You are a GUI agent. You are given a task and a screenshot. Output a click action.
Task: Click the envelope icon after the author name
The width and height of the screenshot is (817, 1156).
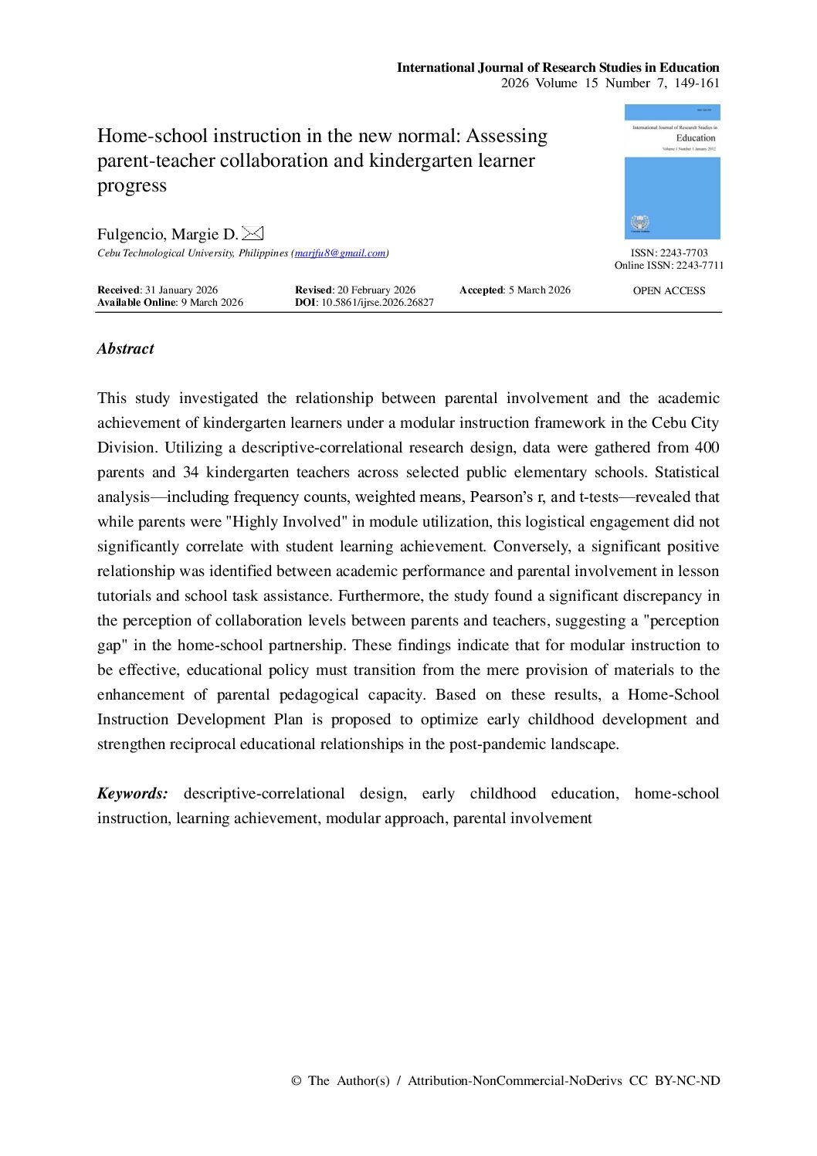tap(253, 233)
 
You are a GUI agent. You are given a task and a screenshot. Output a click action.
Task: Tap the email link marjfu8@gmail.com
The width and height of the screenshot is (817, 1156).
tap(340, 253)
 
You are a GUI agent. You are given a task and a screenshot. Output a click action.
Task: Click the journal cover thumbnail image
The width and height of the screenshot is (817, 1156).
tap(672, 171)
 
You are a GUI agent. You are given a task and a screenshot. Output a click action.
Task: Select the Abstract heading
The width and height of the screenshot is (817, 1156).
tap(126, 349)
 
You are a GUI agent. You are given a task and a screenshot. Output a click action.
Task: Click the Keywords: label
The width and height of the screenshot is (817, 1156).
tap(132, 794)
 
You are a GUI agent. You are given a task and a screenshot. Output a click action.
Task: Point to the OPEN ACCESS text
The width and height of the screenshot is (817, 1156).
tap(669, 291)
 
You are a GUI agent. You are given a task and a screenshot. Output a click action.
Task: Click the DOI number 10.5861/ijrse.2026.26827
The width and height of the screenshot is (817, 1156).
tap(377, 303)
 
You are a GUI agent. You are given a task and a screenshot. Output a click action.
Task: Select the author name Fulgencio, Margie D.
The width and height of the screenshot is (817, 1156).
tap(168, 235)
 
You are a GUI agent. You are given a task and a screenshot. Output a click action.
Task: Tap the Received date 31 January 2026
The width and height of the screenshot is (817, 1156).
tap(181, 290)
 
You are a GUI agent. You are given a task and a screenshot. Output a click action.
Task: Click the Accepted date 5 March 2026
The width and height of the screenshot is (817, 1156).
tap(539, 290)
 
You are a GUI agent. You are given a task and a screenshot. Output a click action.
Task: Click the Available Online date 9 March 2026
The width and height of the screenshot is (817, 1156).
tap(212, 303)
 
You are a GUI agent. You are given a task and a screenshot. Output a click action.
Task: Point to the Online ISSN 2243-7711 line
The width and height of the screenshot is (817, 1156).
tap(669, 266)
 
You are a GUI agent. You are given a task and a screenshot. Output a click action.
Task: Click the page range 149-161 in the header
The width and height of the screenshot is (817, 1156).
tap(697, 83)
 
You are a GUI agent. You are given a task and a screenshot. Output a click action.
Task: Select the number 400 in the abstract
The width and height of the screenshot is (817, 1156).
tap(707, 448)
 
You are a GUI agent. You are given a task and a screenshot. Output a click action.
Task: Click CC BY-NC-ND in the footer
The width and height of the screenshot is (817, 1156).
tap(674, 1081)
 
